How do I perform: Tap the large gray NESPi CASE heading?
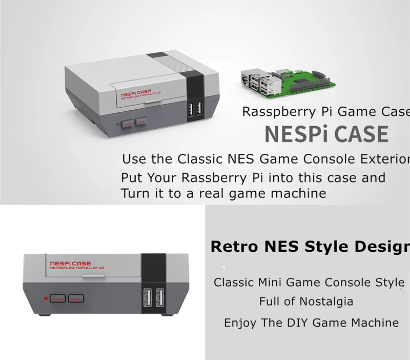(326, 134)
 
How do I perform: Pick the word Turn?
(134, 193)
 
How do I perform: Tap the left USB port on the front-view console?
(147, 298)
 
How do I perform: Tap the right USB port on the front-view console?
(159, 298)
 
